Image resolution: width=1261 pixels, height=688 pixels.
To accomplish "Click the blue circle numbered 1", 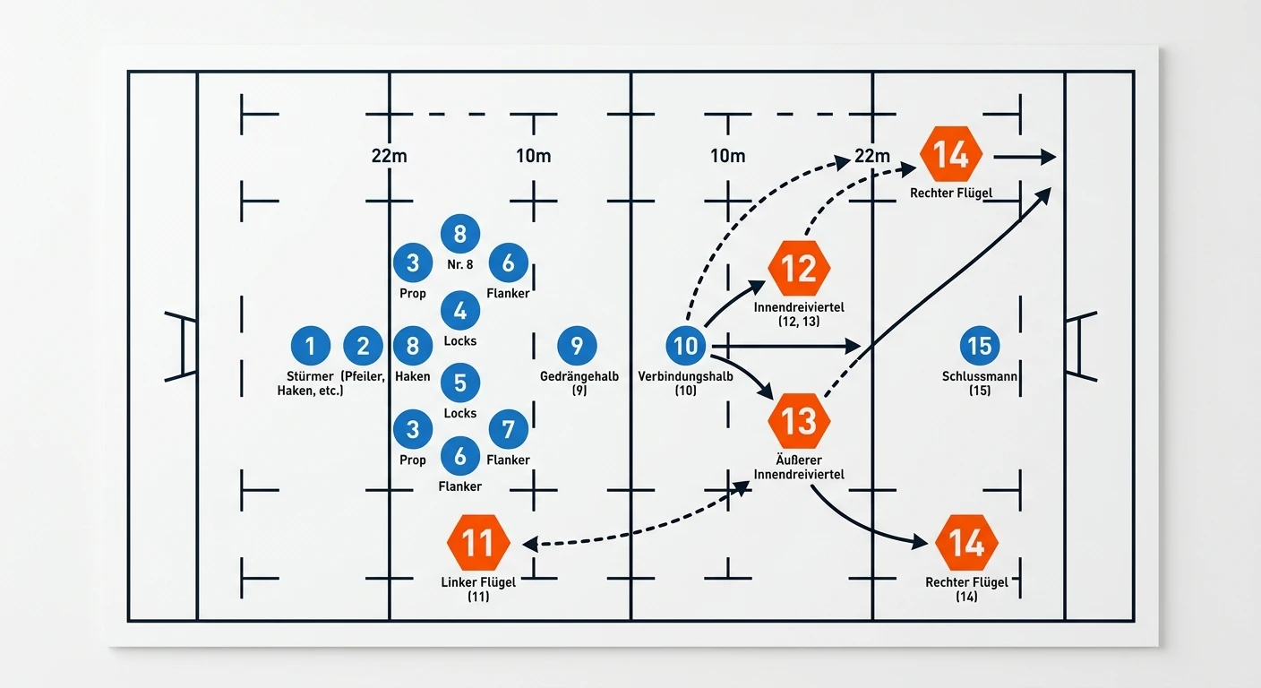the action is [x=310, y=346].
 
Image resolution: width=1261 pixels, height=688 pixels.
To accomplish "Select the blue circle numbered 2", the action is [x=363, y=346].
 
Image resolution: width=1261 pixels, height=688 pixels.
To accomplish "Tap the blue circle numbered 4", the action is [x=460, y=310].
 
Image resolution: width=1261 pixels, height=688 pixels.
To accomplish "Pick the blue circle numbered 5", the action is [x=460, y=383].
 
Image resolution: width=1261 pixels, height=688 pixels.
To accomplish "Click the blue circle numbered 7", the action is [x=509, y=429].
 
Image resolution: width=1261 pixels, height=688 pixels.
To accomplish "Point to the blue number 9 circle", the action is [x=577, y=346].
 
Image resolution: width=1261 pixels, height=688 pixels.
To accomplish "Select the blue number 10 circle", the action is [x=686, y=346].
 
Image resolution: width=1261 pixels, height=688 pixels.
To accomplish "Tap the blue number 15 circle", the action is [x=980, y=346].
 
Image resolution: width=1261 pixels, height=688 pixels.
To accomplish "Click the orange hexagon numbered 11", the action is [x=478, y=542].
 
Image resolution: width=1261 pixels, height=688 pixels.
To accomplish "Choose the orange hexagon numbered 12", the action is [x=799, y=268].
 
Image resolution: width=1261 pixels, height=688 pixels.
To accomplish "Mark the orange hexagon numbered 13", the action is [x=799, y=421].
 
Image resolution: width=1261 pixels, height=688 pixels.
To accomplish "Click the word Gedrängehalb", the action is [x=579, y=376].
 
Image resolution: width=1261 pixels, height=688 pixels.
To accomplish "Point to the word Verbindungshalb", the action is [x=686, y=376].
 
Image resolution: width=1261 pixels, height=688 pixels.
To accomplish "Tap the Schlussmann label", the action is [x=980, y=376].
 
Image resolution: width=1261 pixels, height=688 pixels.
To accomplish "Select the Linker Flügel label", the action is [x=478, y=582].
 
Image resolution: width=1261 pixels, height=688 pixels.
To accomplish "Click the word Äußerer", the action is [x=799, y=460].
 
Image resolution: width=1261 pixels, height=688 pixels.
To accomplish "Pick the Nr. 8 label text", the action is [x=460, y=264].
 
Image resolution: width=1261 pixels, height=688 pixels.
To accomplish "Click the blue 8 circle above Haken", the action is [x=413, y=346].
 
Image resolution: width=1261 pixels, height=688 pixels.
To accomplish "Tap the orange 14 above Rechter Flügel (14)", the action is [x=966, y=542].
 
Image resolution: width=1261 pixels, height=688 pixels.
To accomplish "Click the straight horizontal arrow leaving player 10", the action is [x=786, y=347].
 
